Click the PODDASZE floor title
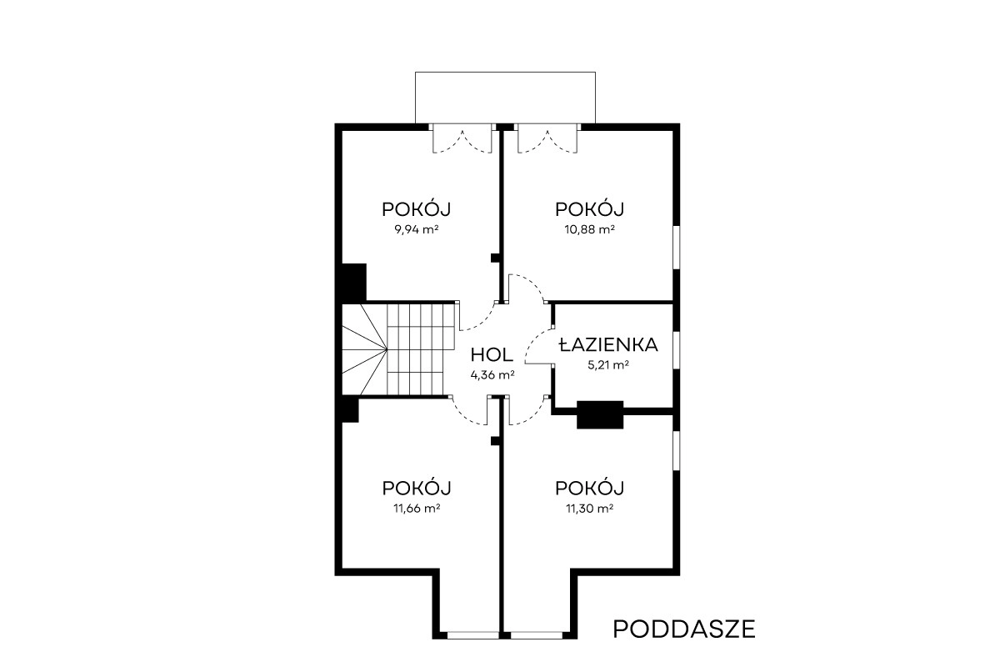pyautogui.click(x=684, y=629)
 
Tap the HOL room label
pyautogui.click(x=492, y=355)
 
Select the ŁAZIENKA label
pyautogui.click(x=608, y=345)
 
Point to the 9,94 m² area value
pyautogui.click(x=416, y=229)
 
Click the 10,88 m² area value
pyautogui.click(x=589, y=229)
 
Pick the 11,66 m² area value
pyautogui.click(x=417, y=508)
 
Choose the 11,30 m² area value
pyautogui.click(x=589, y=508)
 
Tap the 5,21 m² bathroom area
pyautogui.click(x=608, y=365)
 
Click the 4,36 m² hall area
pyautogui.click(x=492, y=375)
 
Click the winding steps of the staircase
pyautogui.click(x=364, y=349)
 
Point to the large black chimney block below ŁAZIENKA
pyautogui.click(x=600, y=415)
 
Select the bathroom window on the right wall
pyautogui.click(x=677, y=350)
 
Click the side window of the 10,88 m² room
pyautogui.click(x=677, y=248)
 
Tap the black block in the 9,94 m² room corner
pyautogui.click(x=354, y=283)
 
